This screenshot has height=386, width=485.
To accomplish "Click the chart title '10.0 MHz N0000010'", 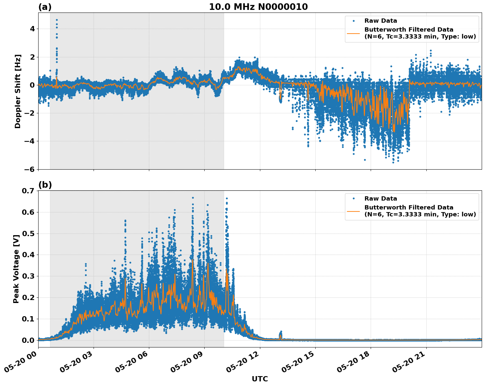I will [258, 7].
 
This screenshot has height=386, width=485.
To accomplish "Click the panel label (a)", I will [45, 7].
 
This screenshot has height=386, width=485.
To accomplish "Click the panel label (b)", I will [45, 185].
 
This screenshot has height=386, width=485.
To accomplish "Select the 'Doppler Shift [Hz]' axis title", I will [18, 91].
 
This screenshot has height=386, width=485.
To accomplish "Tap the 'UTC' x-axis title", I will [260, 379].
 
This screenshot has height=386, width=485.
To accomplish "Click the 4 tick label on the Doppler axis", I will [32, 29].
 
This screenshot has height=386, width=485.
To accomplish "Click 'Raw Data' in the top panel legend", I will [381, 21].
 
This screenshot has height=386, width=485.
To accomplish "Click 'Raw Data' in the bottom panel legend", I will [381, 199].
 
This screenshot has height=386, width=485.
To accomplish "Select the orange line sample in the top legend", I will [353, 33].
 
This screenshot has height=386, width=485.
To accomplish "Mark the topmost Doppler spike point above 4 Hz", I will [57, 20].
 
